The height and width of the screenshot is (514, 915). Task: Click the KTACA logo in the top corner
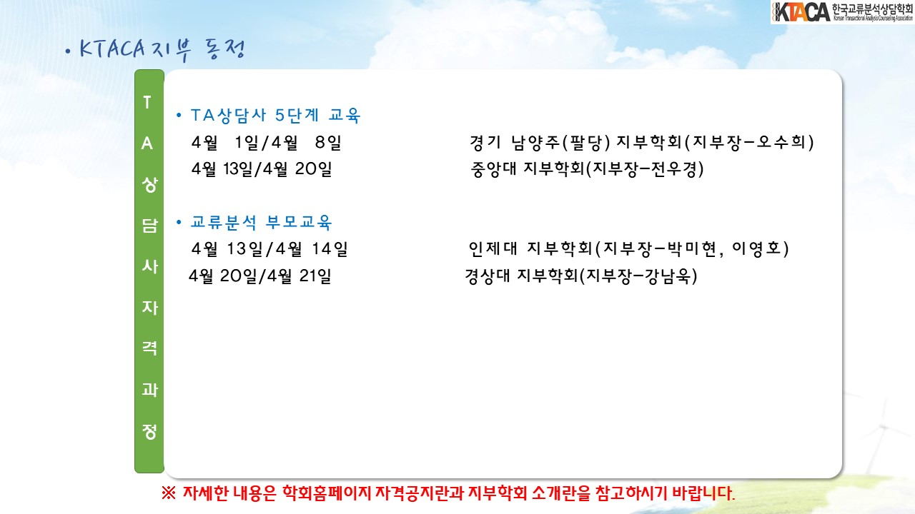tap(842, 12)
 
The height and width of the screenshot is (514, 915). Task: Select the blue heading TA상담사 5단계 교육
tap(276, 116)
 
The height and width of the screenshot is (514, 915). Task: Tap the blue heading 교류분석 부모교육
tap(262, 222)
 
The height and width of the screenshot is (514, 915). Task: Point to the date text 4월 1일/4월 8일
tap(267, 142)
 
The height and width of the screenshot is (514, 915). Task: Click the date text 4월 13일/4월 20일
tap(262, 169)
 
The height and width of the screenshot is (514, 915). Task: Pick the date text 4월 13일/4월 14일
tap(269, 249)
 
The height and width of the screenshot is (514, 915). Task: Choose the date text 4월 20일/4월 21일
tap(259, 276)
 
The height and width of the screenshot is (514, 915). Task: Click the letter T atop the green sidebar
tap(147, 102)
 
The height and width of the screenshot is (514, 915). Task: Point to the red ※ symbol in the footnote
tap(169, 493)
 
